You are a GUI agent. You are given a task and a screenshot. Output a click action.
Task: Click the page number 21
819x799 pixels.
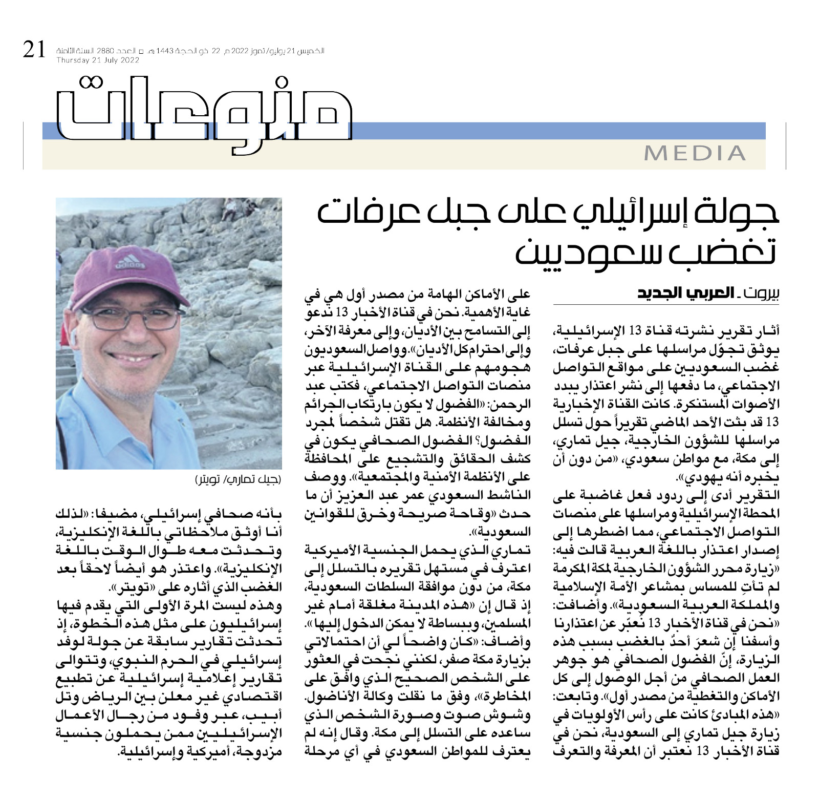[x=34, y=50]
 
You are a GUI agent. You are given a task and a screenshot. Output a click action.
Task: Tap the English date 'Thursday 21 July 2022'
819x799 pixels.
[x=98, y=60]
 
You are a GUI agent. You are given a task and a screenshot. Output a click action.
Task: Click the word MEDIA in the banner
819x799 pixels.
[x=694, y=153]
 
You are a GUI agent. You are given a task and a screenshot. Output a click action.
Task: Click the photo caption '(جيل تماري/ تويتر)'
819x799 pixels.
[x=239, y=480]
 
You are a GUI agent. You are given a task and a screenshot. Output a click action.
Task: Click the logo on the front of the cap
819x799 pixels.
[x=130, y=263]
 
